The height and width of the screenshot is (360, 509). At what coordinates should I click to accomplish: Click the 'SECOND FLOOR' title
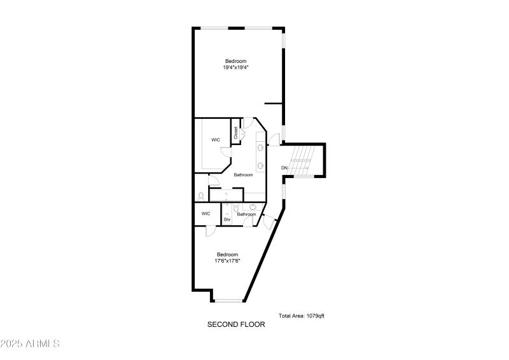click(236, 324)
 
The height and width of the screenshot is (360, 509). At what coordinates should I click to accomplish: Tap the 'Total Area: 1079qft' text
click(302, 315)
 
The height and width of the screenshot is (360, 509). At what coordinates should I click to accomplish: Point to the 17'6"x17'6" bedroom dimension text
click(227, 261)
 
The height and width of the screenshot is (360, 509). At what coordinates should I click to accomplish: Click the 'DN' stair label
click(284, 168)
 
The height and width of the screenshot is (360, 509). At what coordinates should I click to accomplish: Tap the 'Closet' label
click(236, 133)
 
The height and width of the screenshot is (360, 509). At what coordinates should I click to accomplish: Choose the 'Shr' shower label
click(227, 219)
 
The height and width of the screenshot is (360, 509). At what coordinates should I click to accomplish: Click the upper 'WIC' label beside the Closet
click(216, 140)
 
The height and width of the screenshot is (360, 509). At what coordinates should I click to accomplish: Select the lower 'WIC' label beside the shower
click(206, 213)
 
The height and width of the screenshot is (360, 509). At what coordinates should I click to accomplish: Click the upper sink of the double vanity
click(261, 148)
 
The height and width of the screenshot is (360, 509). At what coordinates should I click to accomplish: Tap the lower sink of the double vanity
click(261, 165)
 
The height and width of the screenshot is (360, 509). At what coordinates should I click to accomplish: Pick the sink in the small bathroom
click(253, 207)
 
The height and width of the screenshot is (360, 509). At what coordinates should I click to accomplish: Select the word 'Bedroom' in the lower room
click(227, 254)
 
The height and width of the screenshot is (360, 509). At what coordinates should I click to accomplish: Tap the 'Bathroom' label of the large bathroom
click(244, 175)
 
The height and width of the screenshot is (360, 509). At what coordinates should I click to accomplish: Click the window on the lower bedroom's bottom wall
click(227, 300)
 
